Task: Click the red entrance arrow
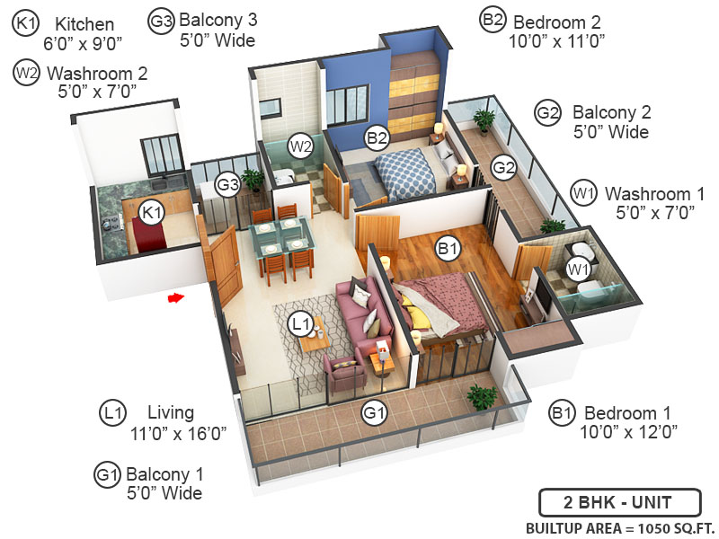176,296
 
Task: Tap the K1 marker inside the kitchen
152,212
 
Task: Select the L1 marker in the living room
300,321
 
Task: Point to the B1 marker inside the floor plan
446,248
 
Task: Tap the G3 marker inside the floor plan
228,185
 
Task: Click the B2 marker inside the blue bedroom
377,137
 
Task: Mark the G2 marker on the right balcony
504,166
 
